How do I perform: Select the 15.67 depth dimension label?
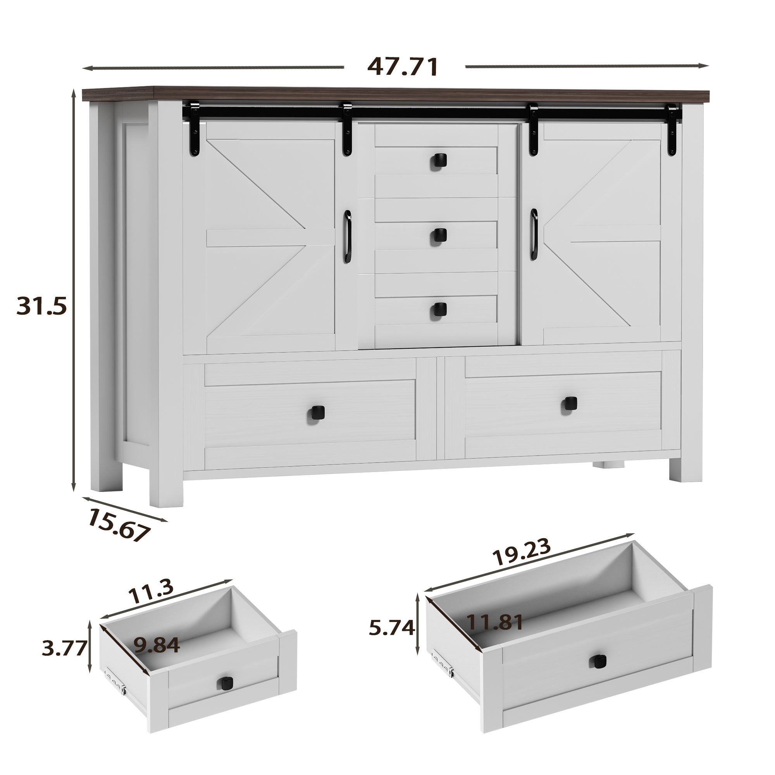click(119, 525)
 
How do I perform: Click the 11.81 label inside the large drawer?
click(495, 634)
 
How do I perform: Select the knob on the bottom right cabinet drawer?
click(570, 403)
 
